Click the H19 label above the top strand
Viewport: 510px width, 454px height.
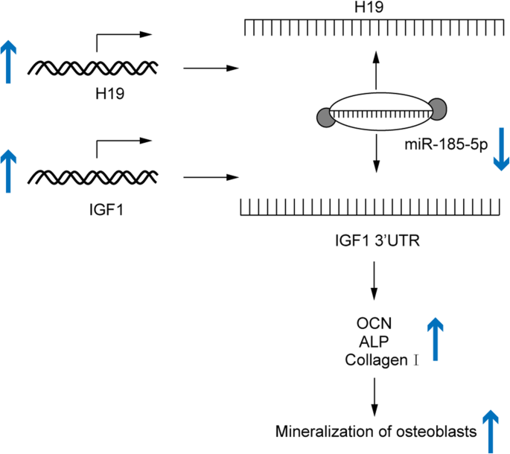click(374, 7)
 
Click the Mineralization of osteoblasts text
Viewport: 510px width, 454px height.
click(376, 431)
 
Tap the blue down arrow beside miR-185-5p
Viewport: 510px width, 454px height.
click(500, 149)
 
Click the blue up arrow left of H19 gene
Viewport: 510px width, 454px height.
click(8, 62)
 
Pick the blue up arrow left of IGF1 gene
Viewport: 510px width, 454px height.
click(8, 170)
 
